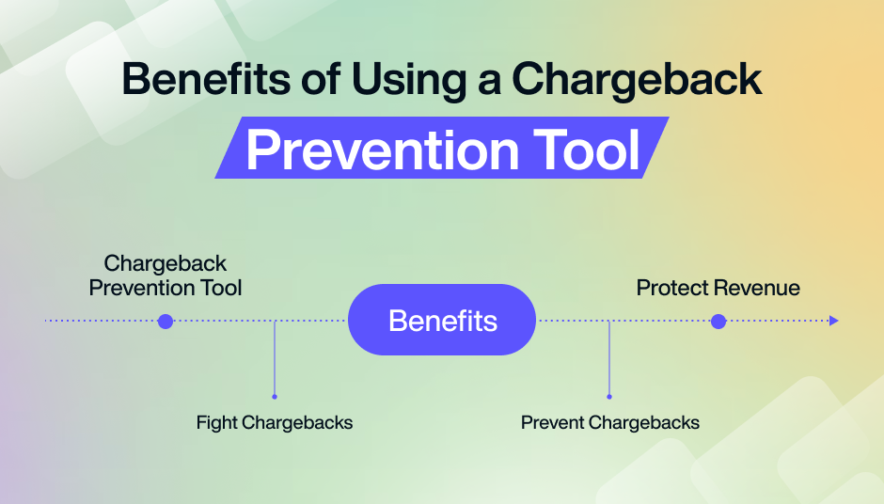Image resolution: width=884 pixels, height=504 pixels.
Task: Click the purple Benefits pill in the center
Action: (x=442, y=320)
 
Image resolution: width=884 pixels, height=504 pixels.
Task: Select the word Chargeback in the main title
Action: (x=636, y=79)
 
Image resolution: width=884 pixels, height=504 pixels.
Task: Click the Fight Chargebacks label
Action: (x=275, y=422)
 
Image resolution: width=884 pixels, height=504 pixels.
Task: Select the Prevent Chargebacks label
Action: (x=610, y=422)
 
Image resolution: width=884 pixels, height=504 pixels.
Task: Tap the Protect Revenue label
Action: (x=718, y=288)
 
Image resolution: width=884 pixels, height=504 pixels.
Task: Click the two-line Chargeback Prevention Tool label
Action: (x=166, y=276)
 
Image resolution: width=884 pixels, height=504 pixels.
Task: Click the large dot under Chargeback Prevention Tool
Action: (x=166, y=322)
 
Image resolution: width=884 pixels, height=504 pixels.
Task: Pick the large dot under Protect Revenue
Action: (x=718, y=322)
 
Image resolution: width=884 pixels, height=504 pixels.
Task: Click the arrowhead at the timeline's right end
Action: (x=833, y=322)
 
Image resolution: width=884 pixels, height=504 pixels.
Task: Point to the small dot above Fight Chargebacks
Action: (x=275, y=397)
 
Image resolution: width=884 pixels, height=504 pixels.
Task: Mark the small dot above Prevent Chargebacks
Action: (x=609, y=397)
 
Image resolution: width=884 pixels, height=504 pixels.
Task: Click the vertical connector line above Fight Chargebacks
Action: (x=275, y=357)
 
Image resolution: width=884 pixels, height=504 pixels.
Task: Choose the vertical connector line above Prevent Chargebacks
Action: (x=609, y=357)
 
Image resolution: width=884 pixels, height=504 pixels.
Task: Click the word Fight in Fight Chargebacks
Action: (x=217, y=422)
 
